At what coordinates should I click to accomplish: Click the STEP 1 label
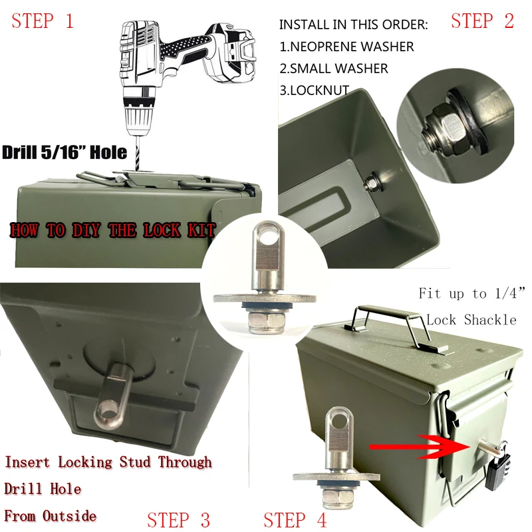pos(42,21)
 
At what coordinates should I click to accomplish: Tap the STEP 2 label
pos(482,21)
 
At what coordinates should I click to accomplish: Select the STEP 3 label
pos(178,519)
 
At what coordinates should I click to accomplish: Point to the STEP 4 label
pos(295,519)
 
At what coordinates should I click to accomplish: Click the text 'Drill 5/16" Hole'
pos(65,152)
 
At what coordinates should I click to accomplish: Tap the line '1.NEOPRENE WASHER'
pos(346,47)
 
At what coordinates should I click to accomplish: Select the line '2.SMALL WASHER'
pos(333,68)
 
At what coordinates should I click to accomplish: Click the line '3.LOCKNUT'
pos(314,90)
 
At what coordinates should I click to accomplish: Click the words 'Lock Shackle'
pos(471,320)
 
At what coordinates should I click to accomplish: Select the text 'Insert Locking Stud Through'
pos(108,462)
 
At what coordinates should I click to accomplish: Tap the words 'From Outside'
pos(51,515)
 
